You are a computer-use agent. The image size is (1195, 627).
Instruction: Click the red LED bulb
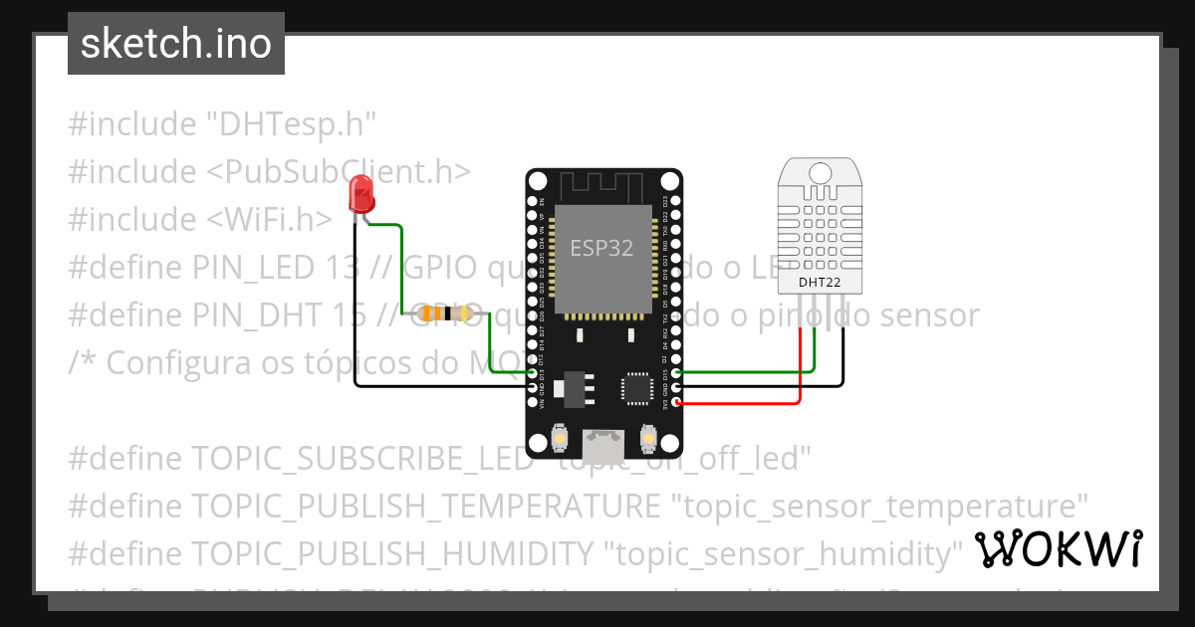coord(360,193)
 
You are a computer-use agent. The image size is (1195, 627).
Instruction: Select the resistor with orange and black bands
coord(445,313)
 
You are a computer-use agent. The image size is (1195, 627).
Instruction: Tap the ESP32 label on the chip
coord(601,249)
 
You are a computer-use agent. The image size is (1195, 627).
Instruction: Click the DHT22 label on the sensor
coord(819,282)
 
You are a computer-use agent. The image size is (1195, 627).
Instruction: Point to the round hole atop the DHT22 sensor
coord(819,173)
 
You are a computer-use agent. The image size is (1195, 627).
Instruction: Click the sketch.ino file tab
coord(176,44)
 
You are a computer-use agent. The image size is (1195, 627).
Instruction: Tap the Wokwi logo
coord(1058,548)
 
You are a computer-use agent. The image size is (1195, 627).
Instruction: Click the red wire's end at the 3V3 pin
coord(677,402)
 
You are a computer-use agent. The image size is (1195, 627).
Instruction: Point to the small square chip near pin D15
coord(635,389)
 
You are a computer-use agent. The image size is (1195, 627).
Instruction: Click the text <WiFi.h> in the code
coord(269,219)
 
